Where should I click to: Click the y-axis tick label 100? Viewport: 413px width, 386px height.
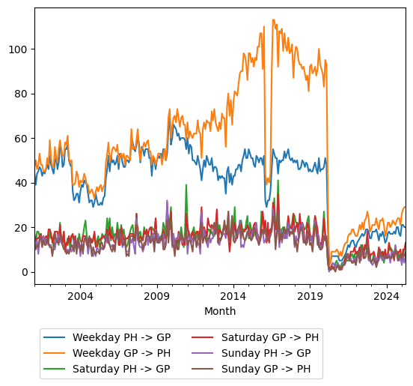18,49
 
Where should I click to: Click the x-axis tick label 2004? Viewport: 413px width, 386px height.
80,296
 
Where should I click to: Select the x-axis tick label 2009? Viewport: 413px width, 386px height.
156,296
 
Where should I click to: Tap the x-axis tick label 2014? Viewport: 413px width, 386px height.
233,296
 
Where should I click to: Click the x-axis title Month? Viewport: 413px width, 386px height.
220,311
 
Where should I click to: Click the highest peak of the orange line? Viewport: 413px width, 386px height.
273,20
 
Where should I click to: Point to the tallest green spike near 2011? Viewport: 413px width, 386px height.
186,185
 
